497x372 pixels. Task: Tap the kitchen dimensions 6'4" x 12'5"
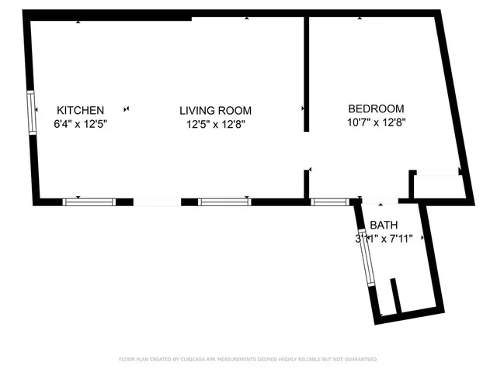(80, 123)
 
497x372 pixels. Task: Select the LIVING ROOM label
(216, 111)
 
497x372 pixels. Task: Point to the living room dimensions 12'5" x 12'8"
(216, 124)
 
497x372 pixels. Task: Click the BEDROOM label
(376, 108)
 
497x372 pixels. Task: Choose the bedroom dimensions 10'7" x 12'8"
(376, 122)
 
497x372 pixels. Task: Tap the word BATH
(383, 226)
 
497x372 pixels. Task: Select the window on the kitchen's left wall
(32, 113)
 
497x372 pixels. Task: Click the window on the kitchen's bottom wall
(89, 201)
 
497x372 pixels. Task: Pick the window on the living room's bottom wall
(224, 201)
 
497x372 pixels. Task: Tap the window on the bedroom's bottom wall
(329, 201)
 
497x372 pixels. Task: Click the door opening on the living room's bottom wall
(158, 202)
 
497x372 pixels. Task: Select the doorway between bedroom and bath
(377, 203)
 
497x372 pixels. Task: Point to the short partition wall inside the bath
(394, 296)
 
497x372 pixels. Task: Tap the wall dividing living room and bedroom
(307, 74)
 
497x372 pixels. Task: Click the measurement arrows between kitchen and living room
(127, 110)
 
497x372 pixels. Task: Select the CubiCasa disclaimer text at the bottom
(248, 360)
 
